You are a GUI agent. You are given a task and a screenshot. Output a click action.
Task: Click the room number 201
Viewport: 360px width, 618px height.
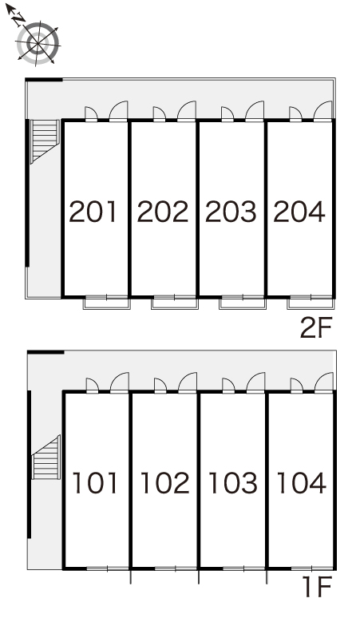point(93,212)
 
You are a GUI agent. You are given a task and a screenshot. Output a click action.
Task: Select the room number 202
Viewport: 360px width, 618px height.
point(163,212)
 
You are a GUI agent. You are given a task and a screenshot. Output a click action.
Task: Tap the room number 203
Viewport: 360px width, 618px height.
point(231,212)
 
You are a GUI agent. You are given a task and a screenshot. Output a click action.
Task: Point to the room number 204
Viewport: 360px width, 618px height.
point(299,212)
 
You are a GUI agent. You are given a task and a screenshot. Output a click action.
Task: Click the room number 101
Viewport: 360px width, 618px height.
point(95,483)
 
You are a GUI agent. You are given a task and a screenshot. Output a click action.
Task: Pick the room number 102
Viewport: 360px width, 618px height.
point(164,483)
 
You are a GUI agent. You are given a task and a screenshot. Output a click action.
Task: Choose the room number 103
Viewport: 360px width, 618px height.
point(233,483)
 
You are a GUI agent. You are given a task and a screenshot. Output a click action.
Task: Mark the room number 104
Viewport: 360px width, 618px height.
point(301,483)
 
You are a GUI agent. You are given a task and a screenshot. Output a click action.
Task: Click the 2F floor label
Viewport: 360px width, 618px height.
point(317,328)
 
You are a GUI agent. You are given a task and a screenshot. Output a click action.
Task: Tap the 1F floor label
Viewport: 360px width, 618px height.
point(318,587)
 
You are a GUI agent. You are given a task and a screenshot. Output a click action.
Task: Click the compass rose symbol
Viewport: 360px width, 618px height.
point(38,42)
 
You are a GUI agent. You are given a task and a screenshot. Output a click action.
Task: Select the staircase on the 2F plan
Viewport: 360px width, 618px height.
point(45,141)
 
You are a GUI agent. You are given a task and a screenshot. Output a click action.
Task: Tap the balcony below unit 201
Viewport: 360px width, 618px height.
point(106,303)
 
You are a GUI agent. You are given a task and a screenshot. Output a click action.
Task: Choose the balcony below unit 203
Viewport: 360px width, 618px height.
point(243,303)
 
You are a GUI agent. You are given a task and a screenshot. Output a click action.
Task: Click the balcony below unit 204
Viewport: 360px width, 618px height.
point(311,303)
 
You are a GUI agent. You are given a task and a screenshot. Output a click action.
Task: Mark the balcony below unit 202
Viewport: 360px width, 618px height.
point(175,303)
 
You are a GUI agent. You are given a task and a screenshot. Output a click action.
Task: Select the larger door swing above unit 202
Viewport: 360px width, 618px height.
point(187,110)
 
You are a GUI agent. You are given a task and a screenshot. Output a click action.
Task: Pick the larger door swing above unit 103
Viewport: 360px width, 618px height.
point(256,382)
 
